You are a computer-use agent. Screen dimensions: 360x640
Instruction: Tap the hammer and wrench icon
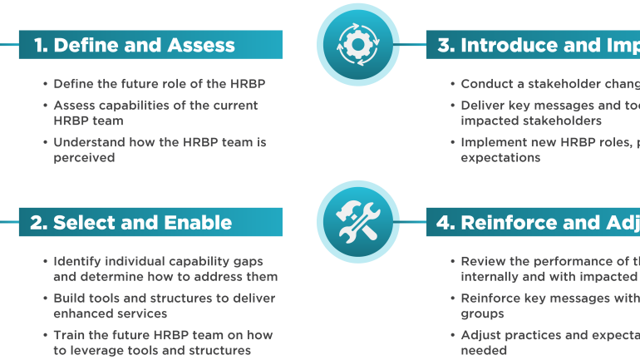[358, 221]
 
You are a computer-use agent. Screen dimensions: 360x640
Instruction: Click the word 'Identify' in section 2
[78, 262]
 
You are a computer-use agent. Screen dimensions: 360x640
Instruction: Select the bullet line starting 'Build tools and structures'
[164, 298]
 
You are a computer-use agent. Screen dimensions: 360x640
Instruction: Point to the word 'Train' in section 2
[71, 335]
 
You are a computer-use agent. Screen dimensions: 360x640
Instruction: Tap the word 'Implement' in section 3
[497, 142]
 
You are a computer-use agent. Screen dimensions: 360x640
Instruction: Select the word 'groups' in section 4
[483, 313]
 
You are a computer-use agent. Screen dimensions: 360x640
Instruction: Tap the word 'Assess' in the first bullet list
[75, 106]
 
